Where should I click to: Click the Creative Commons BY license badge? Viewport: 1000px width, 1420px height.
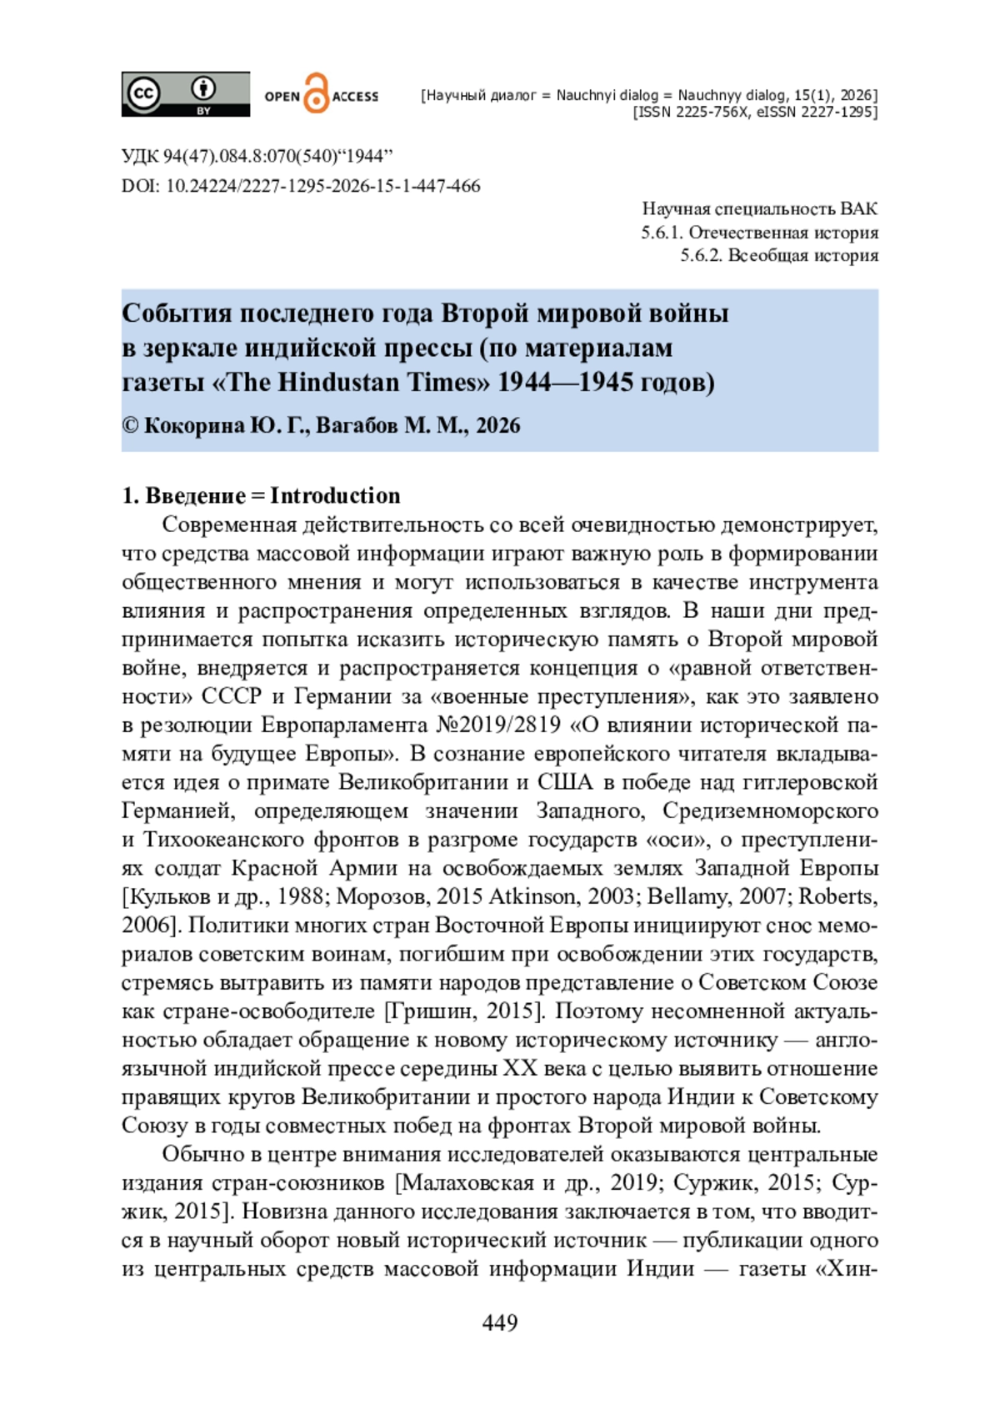[185, 93]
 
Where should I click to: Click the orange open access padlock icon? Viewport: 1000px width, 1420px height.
[316, 93]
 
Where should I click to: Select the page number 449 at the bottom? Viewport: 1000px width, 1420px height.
[499, 1322]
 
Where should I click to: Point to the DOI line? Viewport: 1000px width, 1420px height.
[301, 186]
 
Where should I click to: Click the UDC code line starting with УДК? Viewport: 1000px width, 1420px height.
[257, 157]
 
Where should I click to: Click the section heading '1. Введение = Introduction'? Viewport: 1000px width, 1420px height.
[261, 495]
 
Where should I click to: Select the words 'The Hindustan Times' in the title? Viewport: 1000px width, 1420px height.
[358, 382]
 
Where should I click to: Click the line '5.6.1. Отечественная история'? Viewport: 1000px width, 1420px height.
[759, 233]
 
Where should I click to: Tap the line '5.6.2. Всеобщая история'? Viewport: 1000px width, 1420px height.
[778, 255]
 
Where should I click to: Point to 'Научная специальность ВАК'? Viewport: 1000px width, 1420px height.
[759, 209]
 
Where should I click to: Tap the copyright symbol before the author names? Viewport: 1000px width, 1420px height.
[130, 425]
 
